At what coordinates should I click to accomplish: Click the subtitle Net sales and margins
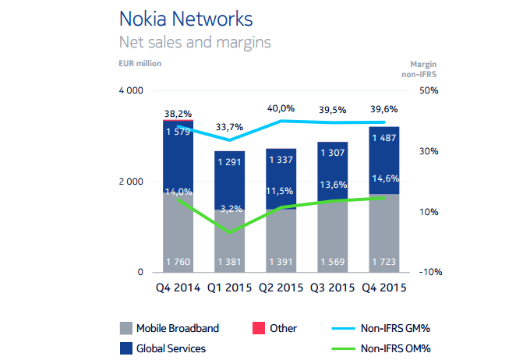(x=194, y=41)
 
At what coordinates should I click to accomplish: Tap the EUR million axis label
(x=140, y=64)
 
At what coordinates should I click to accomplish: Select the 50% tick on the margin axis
(x=429, y=91)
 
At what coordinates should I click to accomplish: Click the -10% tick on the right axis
(x=429, y=272)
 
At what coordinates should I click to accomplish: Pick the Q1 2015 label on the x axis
(x=229, y=287)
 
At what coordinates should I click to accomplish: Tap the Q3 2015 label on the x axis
(x=332, y=287)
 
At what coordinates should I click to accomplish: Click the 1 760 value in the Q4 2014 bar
(x=178, y=260)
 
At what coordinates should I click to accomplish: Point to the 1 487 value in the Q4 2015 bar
(x=383, y=139)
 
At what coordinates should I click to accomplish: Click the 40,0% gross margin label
(x=281, y=108)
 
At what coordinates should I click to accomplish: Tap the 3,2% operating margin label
(x=229, y=209)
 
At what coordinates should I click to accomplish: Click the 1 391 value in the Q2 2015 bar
(x=281, y=260)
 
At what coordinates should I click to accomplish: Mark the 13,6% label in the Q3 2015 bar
(x=332, y=185)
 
